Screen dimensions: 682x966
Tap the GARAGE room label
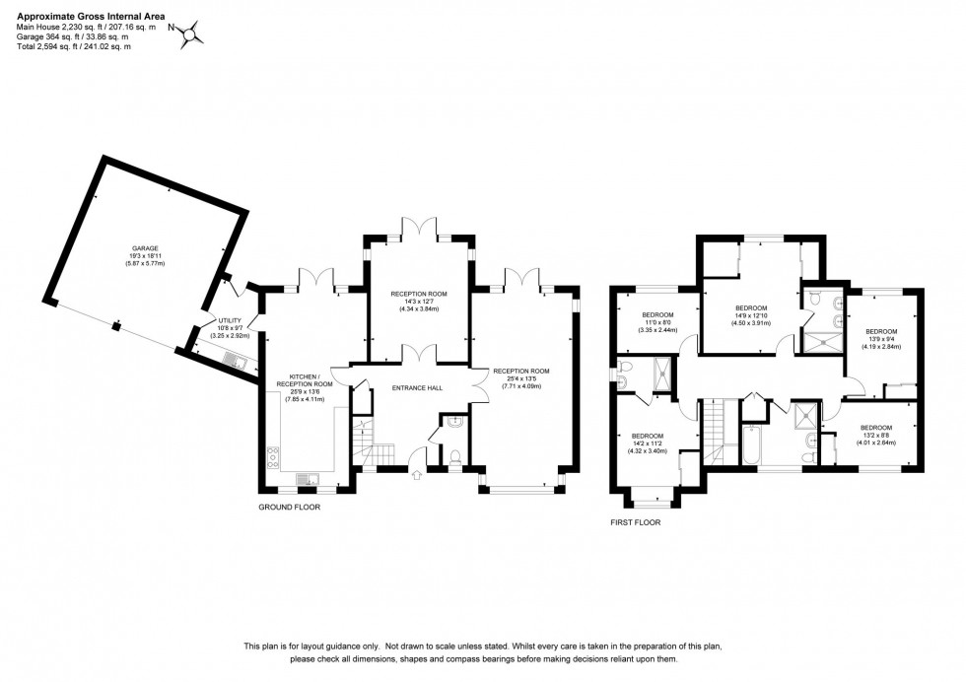(146, 248)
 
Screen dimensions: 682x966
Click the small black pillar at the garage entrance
(116, 324)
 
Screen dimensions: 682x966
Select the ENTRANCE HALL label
(417, 387)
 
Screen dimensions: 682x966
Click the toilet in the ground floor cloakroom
(453, 456)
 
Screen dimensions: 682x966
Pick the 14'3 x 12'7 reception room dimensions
(418, 302)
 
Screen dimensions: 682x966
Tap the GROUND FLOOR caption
(289, 508)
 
